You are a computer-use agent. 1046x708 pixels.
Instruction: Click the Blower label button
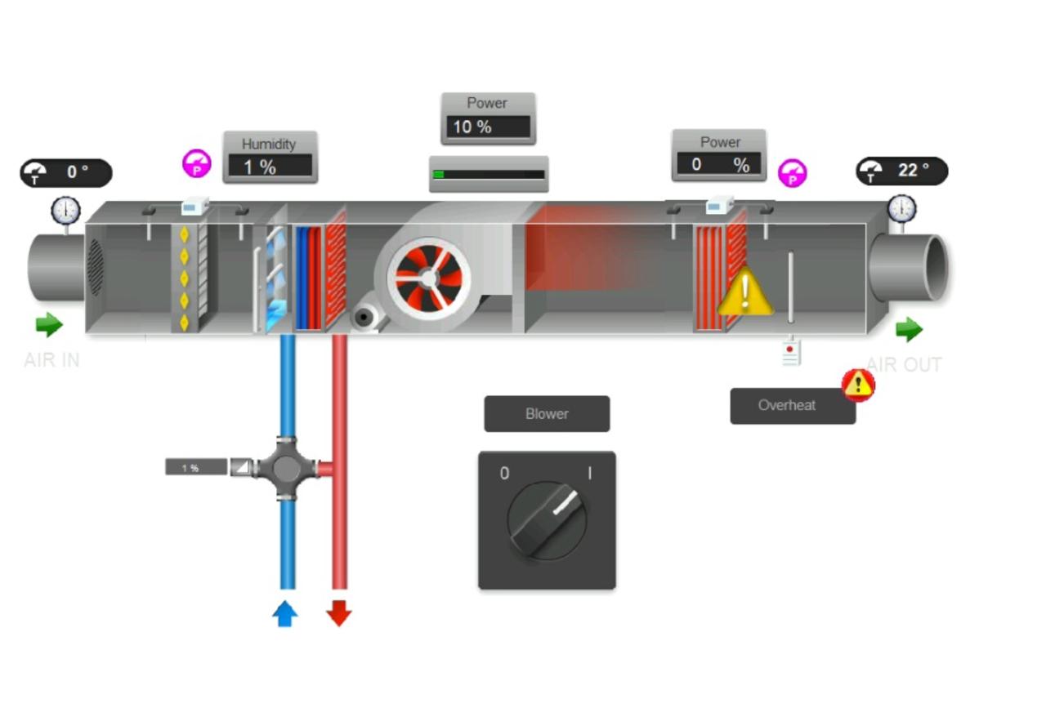[x=547, y=413]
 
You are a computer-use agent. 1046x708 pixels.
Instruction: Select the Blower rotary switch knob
[x=547, y=519]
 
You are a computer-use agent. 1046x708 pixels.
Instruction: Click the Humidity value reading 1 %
[x=270, y=167]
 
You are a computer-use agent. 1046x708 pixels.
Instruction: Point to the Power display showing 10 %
[x=488, y=127]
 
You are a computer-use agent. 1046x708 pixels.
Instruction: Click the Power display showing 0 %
[x=719, y=164]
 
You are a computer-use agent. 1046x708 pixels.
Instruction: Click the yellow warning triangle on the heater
[x=744, y=292]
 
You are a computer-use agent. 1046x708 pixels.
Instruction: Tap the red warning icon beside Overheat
[x=858, y=385]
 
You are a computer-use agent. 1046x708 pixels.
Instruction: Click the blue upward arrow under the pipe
[x=285, y=613]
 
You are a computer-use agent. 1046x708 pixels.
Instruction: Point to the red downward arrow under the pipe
[x=338, y=613]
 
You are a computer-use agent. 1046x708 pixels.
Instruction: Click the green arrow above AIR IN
[x=50, y=324]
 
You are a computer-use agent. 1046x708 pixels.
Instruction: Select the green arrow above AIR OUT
[x=909, y=330]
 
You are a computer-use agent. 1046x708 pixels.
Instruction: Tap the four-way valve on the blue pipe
[x=286, y=468]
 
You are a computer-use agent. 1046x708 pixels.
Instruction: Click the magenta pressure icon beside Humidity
[x=196, y=164]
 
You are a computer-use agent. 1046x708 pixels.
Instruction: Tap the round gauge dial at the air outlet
[x=901, y=209]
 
